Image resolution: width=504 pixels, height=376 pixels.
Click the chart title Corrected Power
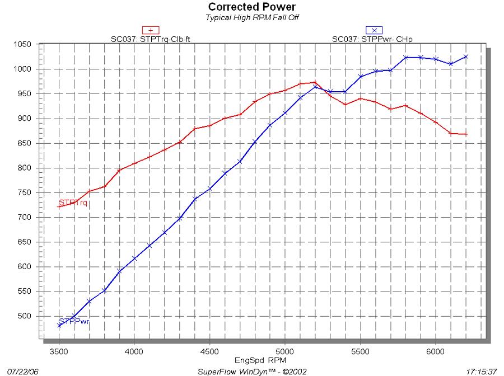point(252,7)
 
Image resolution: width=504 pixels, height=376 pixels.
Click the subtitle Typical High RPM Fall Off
point(252,17)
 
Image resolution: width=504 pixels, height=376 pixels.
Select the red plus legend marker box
point(151,30)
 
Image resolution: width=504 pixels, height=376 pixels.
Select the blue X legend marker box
point(374,30)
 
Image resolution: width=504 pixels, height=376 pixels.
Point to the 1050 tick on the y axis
point(27,44)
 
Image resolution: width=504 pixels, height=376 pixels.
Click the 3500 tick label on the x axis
point(59,351)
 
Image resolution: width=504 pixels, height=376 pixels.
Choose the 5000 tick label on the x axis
point(284,351)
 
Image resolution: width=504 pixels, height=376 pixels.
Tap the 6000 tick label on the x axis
point(435,351)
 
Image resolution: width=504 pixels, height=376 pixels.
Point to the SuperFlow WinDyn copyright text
point(252,371)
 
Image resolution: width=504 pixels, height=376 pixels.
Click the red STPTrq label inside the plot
point(73,203)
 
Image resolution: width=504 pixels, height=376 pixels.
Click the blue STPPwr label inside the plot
point(74,322)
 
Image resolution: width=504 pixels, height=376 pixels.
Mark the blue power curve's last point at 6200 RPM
point(465,57)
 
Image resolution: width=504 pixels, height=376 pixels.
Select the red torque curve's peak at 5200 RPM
point(315,82)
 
